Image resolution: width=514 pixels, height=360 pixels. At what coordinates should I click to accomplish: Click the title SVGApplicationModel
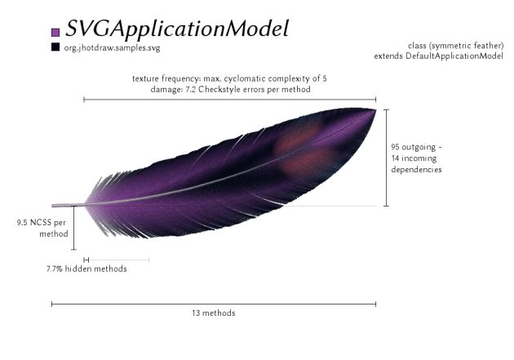click(177, 29)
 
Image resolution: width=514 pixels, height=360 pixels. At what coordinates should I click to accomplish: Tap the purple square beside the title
click(55, 32)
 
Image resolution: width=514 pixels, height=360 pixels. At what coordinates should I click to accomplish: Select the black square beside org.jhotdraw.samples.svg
click(55, 47)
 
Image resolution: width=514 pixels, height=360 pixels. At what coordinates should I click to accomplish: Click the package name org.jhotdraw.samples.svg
click(112, 48)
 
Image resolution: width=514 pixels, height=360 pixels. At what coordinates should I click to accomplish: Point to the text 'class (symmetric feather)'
click(455, 46)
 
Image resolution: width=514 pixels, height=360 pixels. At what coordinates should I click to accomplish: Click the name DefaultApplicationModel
click(454, 56)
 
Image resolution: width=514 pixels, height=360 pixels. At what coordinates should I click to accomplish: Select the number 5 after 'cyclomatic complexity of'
click(325, 78)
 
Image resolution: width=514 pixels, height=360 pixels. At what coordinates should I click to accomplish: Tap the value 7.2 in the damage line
click(190, 89)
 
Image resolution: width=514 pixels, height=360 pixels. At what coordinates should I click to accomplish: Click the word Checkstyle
click(215, 89)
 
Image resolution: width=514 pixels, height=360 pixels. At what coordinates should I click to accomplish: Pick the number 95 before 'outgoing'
click(396, 147)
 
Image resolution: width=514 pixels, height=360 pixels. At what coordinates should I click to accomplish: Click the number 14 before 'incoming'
click(395, 158)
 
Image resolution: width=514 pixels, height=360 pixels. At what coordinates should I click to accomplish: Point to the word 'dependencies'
click(416, 170)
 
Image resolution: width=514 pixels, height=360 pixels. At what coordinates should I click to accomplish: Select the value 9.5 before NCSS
click(23, 223)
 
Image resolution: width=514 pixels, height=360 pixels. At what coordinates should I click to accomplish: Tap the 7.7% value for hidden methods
click(55, 269)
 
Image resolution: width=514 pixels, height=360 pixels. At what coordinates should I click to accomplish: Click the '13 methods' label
click(214, 313)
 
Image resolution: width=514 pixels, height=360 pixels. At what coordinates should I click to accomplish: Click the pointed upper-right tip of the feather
click(375, 110)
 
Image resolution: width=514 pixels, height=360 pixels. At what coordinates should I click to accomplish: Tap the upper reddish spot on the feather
click(298, 137)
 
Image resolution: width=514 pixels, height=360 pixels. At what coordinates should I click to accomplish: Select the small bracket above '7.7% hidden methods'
click(86, 260)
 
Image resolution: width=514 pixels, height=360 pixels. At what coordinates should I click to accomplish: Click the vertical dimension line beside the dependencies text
click(387, 158)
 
